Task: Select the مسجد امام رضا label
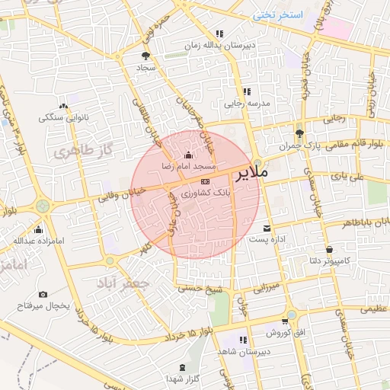(x=188, y=165)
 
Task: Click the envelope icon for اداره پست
(x=266, y=229)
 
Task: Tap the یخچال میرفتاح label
(x=44, y=305)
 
